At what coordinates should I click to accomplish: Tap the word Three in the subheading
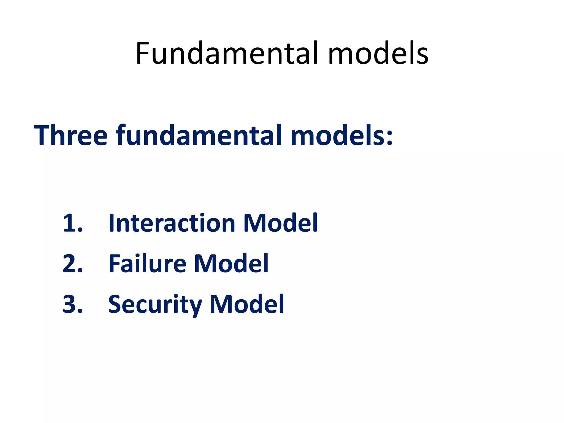coord(70,135)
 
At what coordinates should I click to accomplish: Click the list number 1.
coord(72,223)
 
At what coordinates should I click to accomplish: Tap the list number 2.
coord(72,264)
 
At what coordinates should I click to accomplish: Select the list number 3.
coord(72,304)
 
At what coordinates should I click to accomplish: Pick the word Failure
coord(147,264)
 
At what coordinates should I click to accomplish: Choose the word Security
coord(155,304)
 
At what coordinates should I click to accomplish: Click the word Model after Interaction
coord(280,223)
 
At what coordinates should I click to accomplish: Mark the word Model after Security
coord(247,304)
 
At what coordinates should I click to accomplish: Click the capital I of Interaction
coord(112,223)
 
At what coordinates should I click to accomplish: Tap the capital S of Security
coord(116,304)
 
